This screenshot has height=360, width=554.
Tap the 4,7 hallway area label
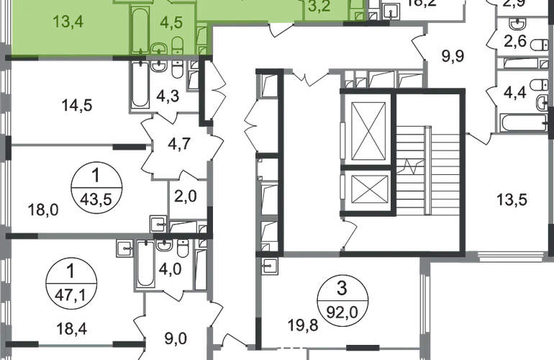(x=176, y=143)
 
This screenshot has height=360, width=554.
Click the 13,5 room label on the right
(x=511, y=199)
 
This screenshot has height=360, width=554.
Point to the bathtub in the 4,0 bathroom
(x=144, y=266)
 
